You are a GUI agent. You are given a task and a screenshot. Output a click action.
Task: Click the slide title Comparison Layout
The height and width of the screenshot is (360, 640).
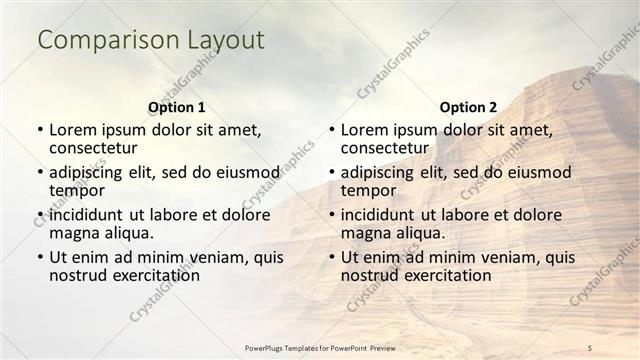[x=151, y=40]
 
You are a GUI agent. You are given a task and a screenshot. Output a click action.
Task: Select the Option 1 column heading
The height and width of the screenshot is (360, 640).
[x=177, y=106]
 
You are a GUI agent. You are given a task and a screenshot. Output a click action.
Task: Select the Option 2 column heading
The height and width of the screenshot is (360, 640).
[x=468, y=106]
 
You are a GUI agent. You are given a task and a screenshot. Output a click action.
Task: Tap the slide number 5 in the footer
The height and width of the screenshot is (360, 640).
[x=590, y=346]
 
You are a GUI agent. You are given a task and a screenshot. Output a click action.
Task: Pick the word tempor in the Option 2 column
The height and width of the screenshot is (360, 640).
[x=368, y=190]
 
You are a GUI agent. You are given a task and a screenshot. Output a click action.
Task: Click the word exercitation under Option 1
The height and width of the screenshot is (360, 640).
[x=152, y=275]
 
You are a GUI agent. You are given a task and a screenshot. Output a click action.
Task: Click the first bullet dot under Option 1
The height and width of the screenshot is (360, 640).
[x=40, y=130]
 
